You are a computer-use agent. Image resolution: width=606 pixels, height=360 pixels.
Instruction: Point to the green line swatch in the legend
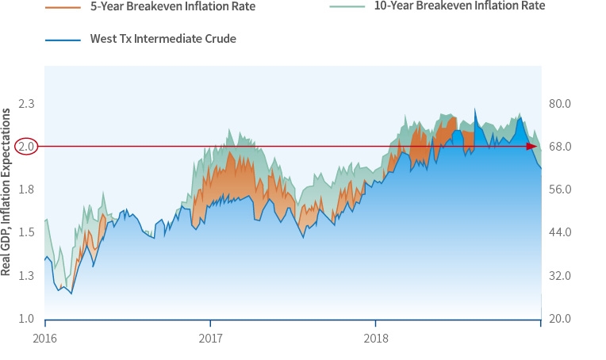346,6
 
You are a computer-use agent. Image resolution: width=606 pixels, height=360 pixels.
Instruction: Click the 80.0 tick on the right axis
565,104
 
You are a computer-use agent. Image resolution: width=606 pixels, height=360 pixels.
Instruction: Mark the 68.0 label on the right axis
565,147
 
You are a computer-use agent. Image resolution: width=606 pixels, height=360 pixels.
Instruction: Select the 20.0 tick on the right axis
565,319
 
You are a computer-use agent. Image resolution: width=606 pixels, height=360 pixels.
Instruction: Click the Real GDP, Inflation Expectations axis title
6,193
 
